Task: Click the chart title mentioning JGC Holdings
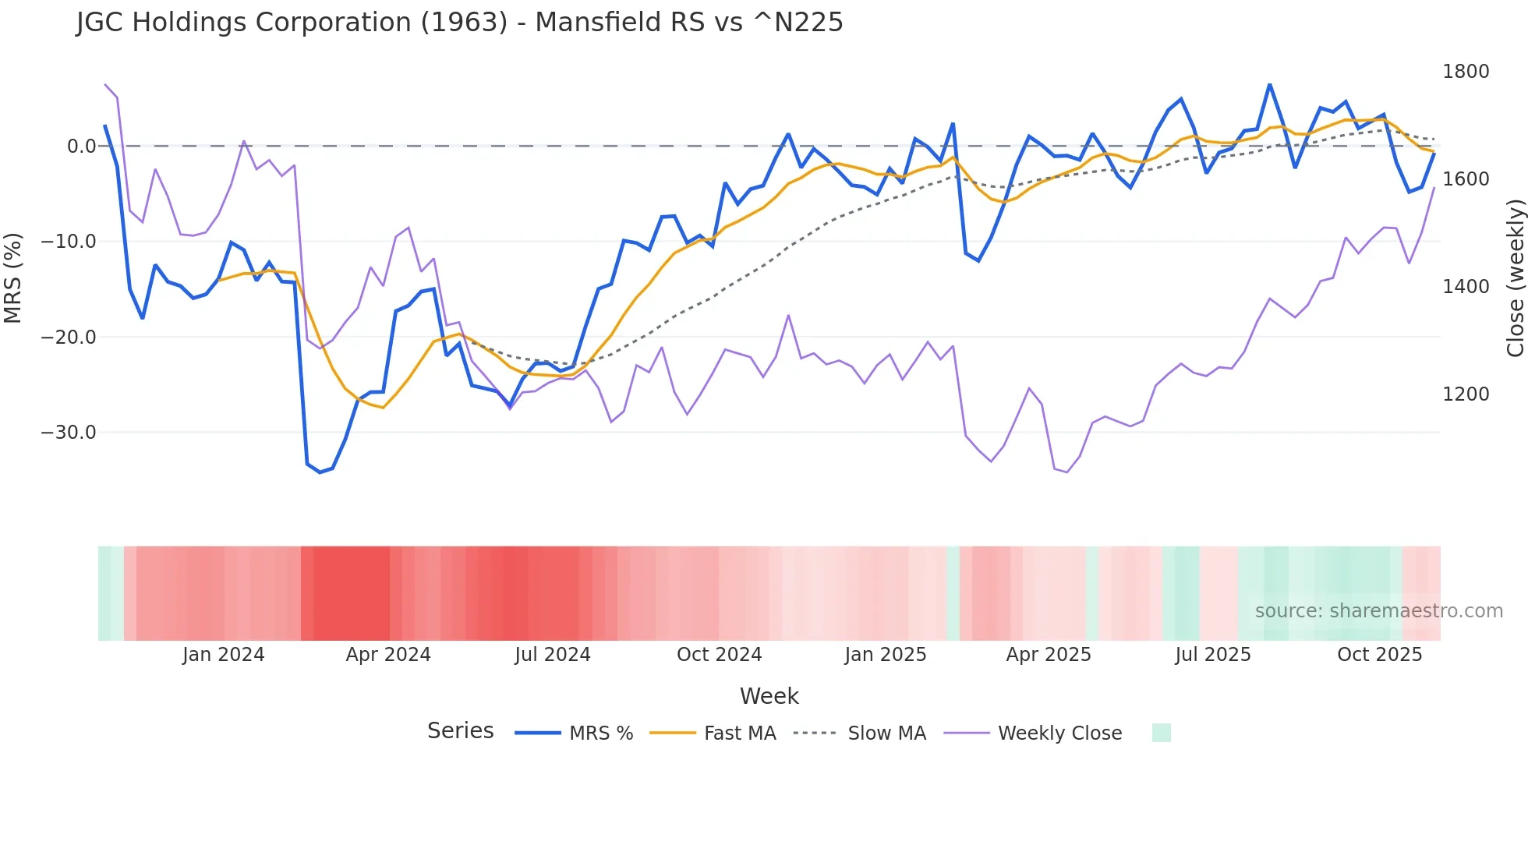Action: click(x=459, y=23)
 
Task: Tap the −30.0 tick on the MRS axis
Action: click(x=69, y=433)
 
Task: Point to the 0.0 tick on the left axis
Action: click(x=81, y=147)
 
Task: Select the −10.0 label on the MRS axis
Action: click(x=69, y=242)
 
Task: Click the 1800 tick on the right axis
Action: click(x=1465, y=72)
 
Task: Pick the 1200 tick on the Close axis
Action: click(x=1465, y=394)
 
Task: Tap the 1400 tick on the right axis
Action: click(x=1465, y=287)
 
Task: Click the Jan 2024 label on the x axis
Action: click(x=223, y=655)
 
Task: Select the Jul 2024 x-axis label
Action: click(x=552, y=655)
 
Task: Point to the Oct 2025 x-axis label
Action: click(x=1379, y=655)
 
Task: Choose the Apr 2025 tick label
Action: click(x=1048, y=655)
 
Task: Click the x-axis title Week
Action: click(x=769, y=696)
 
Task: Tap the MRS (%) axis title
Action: click(x=13, y=277)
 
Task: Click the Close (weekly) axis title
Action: click(x=1515, y=277)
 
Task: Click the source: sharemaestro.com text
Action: click(x=1378, y=611)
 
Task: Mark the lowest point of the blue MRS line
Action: click(x=320, y=472)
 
